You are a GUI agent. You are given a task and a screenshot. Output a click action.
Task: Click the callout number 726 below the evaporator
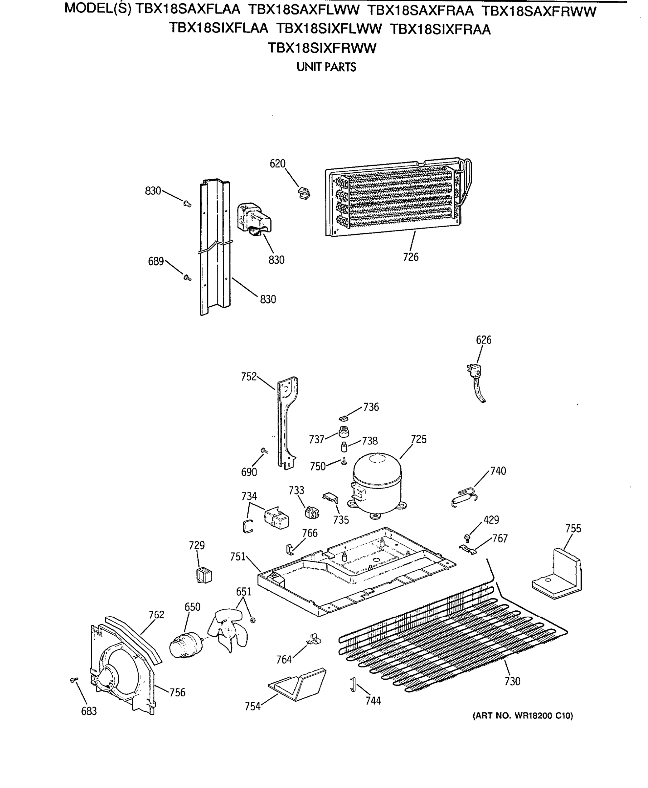point(411,257)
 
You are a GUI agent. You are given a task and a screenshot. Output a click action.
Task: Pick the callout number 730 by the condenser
point(512,682)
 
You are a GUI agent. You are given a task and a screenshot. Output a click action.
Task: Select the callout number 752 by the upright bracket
point(249,377)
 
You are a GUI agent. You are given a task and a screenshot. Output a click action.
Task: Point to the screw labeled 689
point(187,277)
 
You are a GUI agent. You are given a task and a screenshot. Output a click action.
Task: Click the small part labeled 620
point(304,193)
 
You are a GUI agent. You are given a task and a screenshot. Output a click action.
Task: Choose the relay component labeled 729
point(204,575)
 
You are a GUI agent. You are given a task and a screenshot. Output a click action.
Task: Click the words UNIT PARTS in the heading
point(326,67)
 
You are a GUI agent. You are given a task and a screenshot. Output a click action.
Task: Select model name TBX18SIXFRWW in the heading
point(322,49)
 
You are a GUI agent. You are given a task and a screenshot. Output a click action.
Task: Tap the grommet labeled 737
point(344,432)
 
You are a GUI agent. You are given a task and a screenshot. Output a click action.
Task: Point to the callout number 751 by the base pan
point(237,557)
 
